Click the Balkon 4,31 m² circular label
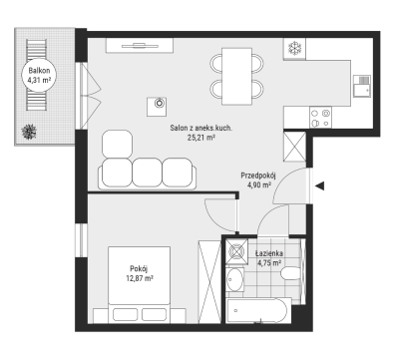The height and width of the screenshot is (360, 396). (39, 75)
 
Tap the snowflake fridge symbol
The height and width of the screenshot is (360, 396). (294, 49)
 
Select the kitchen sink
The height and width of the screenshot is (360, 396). (362, 86)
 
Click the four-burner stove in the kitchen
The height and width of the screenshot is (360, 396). (320, 118)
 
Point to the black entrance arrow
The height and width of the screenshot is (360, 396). (319, 186)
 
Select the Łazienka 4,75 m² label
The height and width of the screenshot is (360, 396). (269, 258)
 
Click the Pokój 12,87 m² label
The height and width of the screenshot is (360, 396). (140, 273)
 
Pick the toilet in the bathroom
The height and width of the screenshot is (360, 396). (290, 274)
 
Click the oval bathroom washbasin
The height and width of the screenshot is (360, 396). (234, 279)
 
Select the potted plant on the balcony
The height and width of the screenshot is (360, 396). (29, 132)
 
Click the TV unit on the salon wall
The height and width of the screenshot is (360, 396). (140, 46)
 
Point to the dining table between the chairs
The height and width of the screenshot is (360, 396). (236, 76)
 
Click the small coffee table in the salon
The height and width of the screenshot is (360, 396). (157, 107)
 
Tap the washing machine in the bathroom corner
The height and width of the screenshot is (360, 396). (236, 251)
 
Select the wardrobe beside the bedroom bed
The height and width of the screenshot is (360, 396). (209, 281)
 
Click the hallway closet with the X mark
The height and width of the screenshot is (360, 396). (294, 147)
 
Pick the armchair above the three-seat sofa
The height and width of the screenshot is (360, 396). (117, 144)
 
